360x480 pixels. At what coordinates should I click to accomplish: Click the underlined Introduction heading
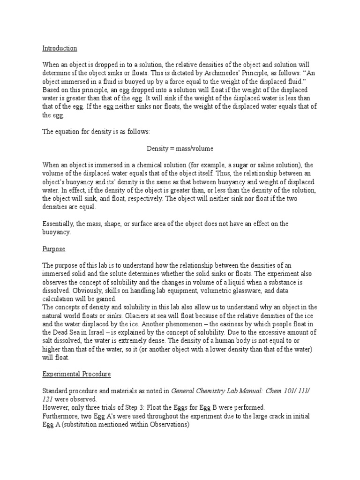pyautogui.click(x=60, y=48)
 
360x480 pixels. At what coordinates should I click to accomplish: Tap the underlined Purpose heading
pyautogui.click(x=54, y=249)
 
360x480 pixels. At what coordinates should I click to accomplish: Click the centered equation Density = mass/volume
pyautogui.click(x=180, y=149)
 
